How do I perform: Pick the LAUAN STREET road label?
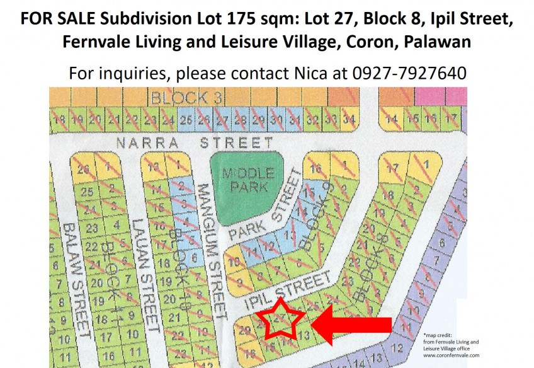coord(144,275)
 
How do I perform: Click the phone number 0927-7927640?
coord(409,72)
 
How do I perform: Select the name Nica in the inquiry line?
coord(311,72)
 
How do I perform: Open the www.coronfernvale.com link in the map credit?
coord(451,355)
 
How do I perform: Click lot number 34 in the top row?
coord(349,119)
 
